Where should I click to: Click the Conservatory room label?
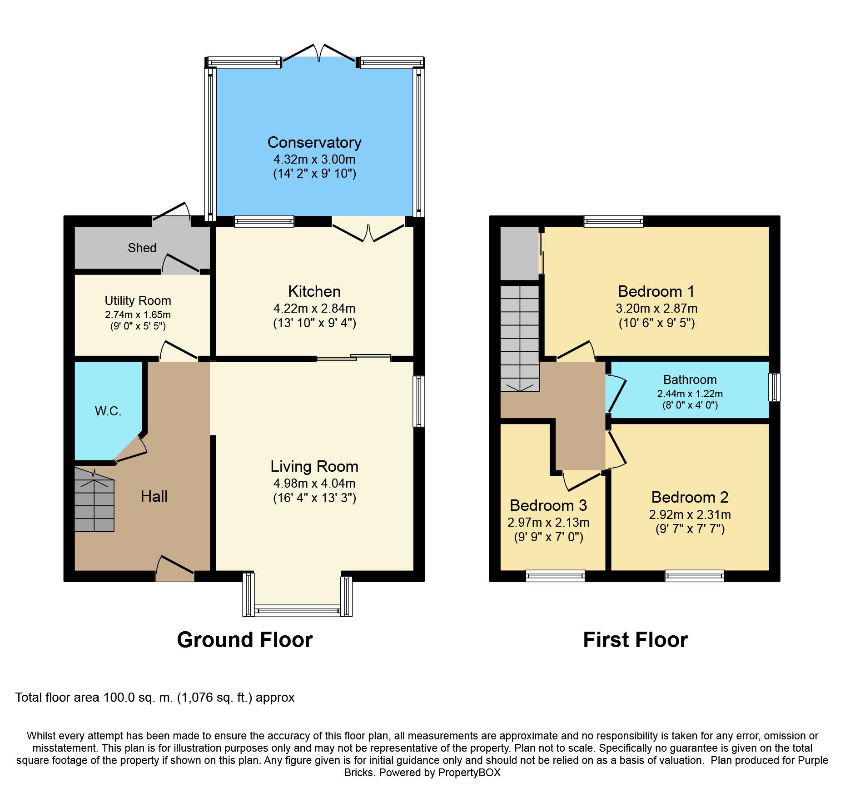pyautogui.click(x=314, y=143)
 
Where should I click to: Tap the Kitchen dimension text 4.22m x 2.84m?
pyautogui.click(x=314, y=309)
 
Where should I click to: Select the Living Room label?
pyautogui.click(x=314, y=467)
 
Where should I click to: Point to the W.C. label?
pyautogui.click(x=108, y=411)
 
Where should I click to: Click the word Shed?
pyautogui.click(x=142, y=248)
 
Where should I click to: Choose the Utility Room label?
pyautogui.click(x=138, y=301)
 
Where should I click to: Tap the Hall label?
pyautogui.click(x=154, y=496)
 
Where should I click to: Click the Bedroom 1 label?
pyautogui.click(x=656, y=291)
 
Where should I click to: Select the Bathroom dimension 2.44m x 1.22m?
pyautogui.click(x=690, y=394)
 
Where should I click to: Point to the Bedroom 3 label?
pyautogui.click(x=548, y=505)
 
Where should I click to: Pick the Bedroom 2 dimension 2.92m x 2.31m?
pyautogui.click(x=690, y=515)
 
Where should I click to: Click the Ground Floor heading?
pyautogui.click(x=245, y=640)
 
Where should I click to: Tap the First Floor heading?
pyautogui.click(x=636, y=640)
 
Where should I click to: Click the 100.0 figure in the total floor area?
pyautogui.click(x=119, y=698)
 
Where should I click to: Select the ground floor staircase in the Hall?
pyautogui.click(x=94, y=500)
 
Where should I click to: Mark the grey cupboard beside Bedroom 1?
pyautogui.click(x=520, y=254)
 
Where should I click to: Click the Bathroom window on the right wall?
pyautogui.click(x=775, y=387)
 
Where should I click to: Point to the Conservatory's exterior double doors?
pyautogui.click(x=319, y=54)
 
